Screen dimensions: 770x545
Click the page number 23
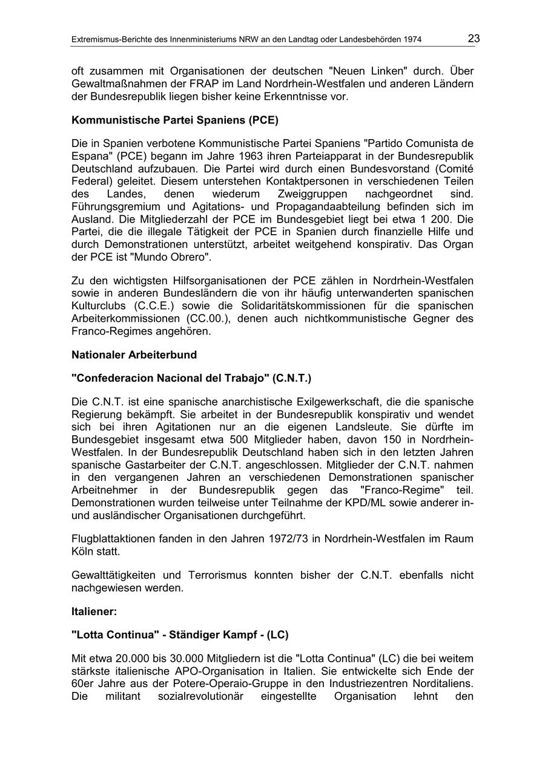(474, 39)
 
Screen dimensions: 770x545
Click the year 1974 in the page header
(411, 40)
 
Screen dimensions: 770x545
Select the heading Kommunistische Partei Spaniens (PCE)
(175, 120)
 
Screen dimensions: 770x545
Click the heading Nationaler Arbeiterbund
(134, 354)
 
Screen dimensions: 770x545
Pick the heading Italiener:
(94, 612)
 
